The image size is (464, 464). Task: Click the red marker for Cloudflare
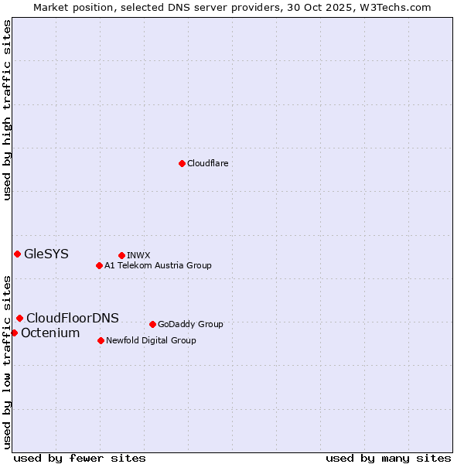[182, 163]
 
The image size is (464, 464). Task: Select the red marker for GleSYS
[17, 254]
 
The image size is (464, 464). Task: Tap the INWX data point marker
[121, 255]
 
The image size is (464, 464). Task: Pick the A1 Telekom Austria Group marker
[99, 265]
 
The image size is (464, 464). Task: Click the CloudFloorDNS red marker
[19, 318]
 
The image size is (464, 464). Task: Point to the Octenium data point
[14, 333]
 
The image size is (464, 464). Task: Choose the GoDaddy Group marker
[152, 324]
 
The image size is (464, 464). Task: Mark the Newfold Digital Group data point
[101, 340]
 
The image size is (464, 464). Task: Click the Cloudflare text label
[207, 163]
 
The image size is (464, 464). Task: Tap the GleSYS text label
[46, 254]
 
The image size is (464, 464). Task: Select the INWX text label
[138, 255]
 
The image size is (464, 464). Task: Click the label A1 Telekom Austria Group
[158, 265]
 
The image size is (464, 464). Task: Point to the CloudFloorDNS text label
[73, 318]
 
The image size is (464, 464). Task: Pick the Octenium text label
[50, 333]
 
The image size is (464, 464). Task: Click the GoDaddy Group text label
[190, 324]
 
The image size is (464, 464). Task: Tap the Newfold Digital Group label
[151, 340]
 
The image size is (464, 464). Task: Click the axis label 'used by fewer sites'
[80, 458]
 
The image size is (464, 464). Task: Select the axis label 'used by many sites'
[388, 458]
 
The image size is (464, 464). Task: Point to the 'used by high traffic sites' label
[8, 110]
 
